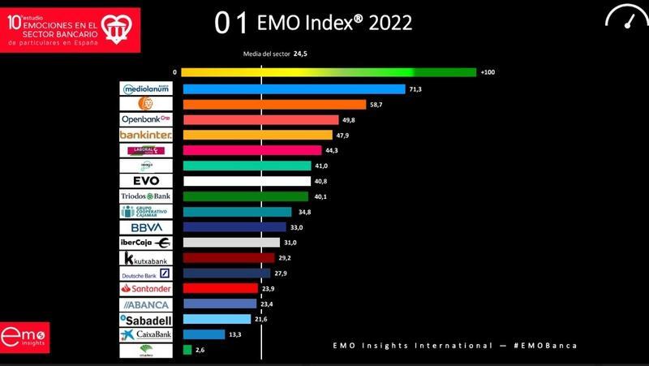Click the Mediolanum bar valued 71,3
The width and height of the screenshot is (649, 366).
[294, 89]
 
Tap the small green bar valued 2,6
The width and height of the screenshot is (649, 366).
[187, 350]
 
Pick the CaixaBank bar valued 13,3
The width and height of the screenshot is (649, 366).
[204, 334]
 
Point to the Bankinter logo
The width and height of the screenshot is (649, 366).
[146, 135]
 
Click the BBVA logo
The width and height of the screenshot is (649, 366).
[146, 227]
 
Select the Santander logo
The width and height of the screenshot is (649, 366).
[146, 289]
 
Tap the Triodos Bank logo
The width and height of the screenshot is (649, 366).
[146, 196]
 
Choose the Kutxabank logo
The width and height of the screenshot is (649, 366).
[146, 258]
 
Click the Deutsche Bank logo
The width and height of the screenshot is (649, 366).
[146, 273]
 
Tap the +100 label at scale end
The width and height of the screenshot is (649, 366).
[488, 73]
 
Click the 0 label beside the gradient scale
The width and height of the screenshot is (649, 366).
[174, 73]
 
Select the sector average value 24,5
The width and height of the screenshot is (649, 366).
[300, 54]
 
